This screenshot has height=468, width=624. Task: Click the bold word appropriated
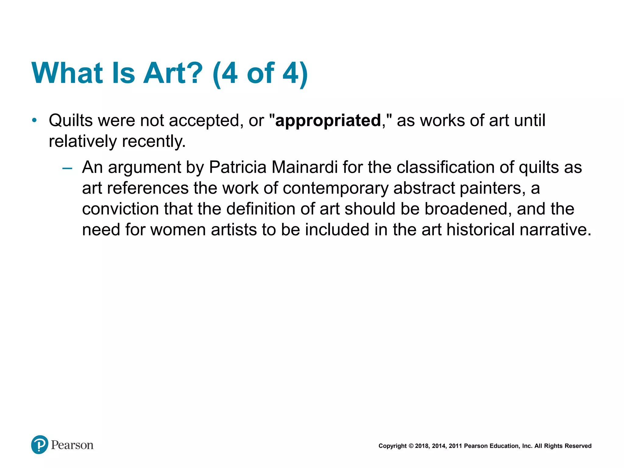pyautogui.click(x=328, y=121)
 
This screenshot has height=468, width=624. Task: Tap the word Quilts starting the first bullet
pyautogui.click(x=71, y=121)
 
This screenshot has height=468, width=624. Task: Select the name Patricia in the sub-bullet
pyautogui.click(x=238, y=167)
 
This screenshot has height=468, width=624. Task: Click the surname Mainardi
pyautogui.click(x=304, y=167)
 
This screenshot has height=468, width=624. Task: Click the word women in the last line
pyautogui.click(x=178, y=230)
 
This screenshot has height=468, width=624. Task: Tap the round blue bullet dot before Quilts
pyautogui.click(x=34, y=120)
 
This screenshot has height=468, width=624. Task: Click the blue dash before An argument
pyautogui.click(x=67, y=168)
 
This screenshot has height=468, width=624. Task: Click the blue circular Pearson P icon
pyautogui.click(x=40, y=445)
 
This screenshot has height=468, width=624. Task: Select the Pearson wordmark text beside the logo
pyautogui.click(x=72, y=445)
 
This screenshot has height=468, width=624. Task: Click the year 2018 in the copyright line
pyautogui.click(x=422, y=446)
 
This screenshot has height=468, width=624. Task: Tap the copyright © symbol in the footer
pyautogui.click(x=411, y=446)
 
